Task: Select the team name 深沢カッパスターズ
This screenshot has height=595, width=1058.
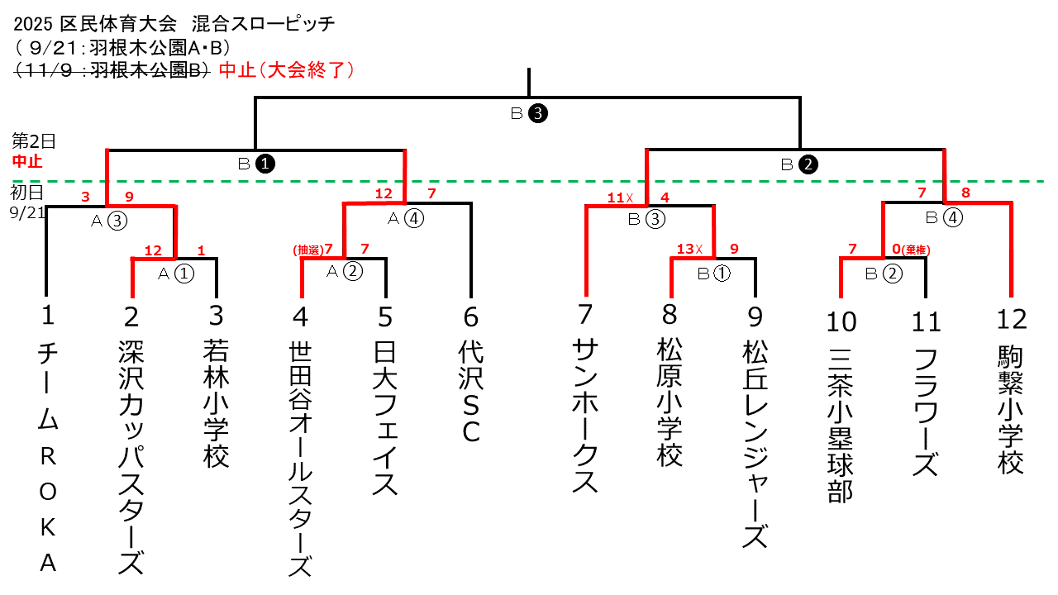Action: [x=132, y=457]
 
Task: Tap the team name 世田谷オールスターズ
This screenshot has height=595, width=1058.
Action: [x=301, y=460]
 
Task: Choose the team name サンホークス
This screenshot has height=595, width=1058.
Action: [x=585, y=416]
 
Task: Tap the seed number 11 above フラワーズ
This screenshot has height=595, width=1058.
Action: [x=926, y=321]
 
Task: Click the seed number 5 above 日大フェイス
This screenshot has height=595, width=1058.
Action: [x=385, y=318]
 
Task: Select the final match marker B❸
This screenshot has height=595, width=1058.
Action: [x=529, y=115]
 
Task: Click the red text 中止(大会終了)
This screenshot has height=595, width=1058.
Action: [x=287, y=70]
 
